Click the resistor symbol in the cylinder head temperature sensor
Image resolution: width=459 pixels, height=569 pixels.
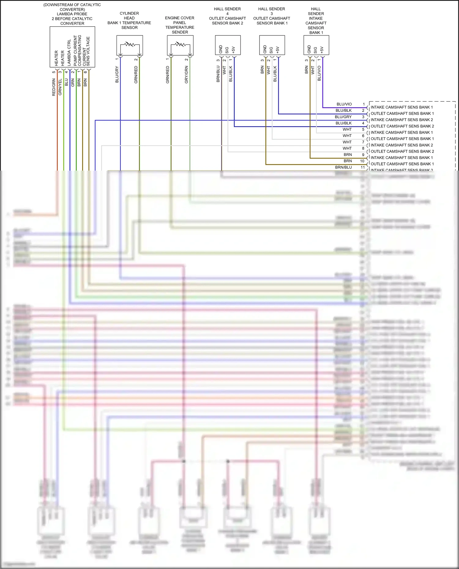click(130, 45)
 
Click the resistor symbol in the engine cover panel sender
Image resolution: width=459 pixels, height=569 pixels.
click(180, 45)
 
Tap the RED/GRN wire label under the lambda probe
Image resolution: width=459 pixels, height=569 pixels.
click(54, 87)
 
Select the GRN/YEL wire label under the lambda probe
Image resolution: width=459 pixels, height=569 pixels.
click(60, 87)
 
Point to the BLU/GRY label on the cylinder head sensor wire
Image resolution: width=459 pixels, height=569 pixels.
click(117, 74)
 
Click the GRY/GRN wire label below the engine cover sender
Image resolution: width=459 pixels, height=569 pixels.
click(186, 75)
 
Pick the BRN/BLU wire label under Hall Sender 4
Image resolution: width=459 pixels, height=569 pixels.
click(218, 74)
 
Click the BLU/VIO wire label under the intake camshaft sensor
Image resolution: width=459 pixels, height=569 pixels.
click(319, 73)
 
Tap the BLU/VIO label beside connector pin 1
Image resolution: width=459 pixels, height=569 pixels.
click(344, 104)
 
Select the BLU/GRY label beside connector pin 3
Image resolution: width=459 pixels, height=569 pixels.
click(343, 117)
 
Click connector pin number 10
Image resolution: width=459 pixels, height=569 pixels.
click(362, 161)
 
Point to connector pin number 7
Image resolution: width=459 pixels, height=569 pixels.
click(363, 142)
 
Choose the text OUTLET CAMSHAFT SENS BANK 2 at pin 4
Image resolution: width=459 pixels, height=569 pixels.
click(402, 126)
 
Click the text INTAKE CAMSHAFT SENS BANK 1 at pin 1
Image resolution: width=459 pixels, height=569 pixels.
click(401, 107)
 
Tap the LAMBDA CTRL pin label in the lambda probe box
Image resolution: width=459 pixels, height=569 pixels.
click(69, 53)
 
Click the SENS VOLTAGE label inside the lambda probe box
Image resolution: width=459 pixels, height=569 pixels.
click(88, 51)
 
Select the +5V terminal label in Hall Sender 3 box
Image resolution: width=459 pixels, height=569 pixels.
click(278, 50)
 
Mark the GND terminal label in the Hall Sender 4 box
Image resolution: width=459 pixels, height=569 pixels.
click(221, 49)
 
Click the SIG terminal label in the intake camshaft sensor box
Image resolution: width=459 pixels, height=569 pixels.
click(315, 50)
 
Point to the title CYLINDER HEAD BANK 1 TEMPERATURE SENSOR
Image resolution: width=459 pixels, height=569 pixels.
click(129, 20)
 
